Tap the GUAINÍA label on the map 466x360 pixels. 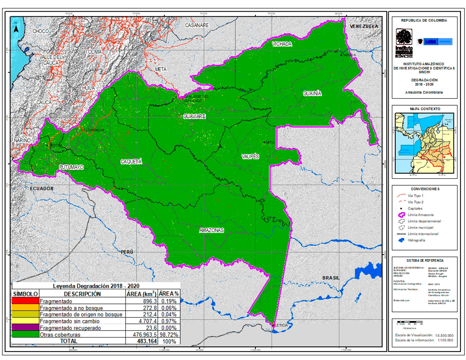tap(313, 94)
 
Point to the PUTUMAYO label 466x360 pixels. tap(71, 167)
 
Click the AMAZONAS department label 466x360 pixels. tap(212, 230)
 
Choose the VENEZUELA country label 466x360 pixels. tap(364, 26)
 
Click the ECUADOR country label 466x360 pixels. tap(41, 188)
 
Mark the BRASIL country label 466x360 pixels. tap(331, 278)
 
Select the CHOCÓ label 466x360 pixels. tap(41, 31)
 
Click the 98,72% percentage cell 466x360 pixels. tap(169, 334)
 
